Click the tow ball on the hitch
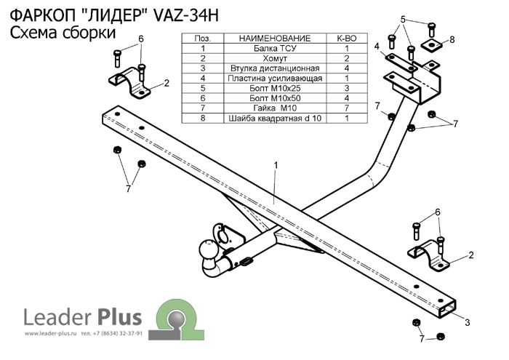point(206,252)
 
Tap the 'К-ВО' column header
point(346,37)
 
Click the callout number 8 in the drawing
point(452,39)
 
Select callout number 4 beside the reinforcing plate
point(377,47)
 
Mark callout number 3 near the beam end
point(468,322)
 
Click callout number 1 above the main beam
point(276,167)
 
